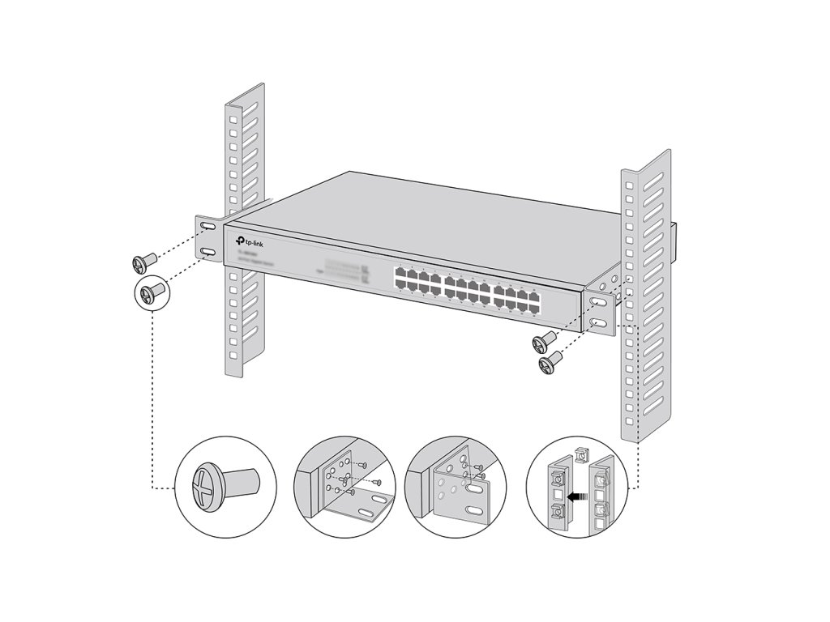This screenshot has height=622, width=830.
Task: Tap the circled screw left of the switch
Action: tap(151, 290)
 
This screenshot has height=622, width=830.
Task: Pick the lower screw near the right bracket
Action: tap(550, 363)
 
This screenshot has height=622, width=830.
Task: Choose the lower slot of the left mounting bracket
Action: tap(208, 254)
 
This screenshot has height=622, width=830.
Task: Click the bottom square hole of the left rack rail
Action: tap(233, 354)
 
